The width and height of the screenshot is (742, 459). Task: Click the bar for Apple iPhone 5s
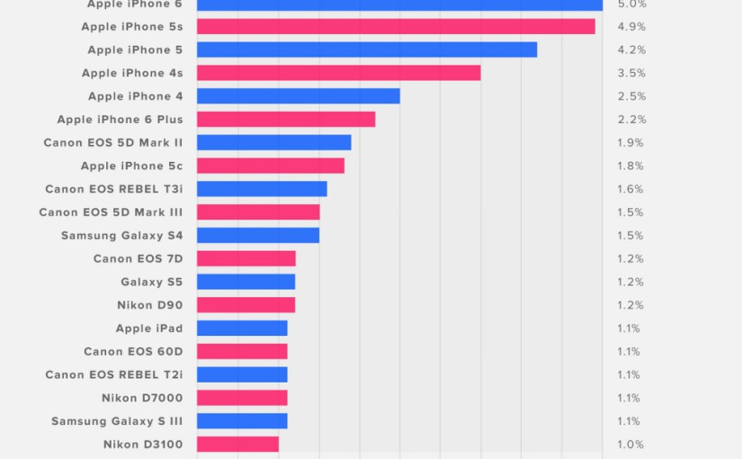(x=396, y=27)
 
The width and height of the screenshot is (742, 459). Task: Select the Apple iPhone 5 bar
(x=367, y=49)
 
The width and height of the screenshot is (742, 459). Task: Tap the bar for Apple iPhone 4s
(x=338, y=73)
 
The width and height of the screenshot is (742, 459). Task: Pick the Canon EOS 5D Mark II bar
(x=273, y=142)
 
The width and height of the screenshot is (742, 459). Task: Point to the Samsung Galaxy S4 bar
(x=258, y=235)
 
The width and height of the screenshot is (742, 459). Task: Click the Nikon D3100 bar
(x=237, y=444)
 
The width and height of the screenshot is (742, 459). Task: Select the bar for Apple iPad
(x=242, y=328)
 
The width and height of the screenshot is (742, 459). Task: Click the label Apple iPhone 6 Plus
(x=120, y=120)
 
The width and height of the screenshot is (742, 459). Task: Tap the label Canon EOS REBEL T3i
(x=113, y=189)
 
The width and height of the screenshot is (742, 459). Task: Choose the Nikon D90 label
(x=149, y=305)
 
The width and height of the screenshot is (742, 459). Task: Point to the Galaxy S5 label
(x=151, y=282)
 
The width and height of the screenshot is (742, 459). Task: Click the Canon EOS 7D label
(x=138, y=258)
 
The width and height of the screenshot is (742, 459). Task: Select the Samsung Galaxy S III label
(x=117, y=421)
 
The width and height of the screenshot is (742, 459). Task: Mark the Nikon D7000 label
(x=142, y=398)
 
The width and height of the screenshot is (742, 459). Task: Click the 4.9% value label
(x=631, y=27)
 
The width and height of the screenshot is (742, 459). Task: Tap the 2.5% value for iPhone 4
(x=631, y=96)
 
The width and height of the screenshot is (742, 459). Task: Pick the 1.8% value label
(x=630, y=166)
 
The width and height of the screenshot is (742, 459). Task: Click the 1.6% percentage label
(x=630, y=189)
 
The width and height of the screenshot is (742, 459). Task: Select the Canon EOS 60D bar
(x=242, y=351)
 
